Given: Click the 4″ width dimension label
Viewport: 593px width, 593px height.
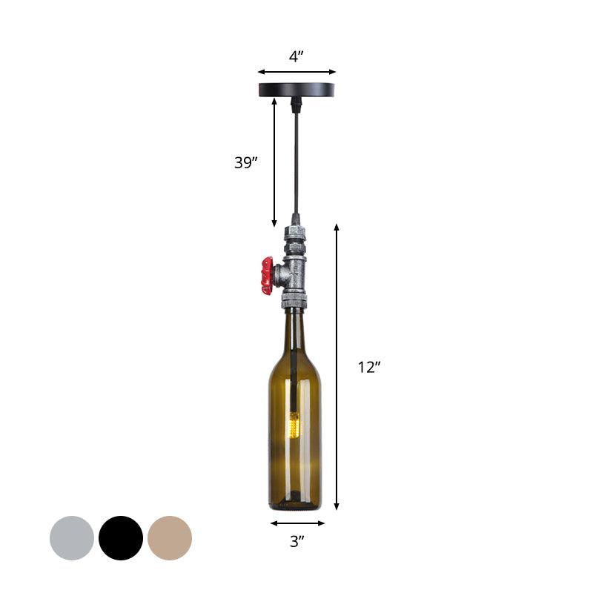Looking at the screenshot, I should click(296, 56).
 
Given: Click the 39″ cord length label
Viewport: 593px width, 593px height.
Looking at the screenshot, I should click(246, 163).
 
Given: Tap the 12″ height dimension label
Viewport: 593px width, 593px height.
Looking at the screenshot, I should click(368, 367).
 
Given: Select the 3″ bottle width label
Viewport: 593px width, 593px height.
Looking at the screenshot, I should click(296, 542).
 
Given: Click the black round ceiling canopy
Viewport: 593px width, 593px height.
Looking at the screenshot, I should click(296, 90).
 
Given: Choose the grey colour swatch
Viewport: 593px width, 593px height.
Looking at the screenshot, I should click(72, 538).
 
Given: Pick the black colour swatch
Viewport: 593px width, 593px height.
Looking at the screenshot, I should click(121, 538).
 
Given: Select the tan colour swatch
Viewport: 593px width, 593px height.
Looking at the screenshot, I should click(170, 538).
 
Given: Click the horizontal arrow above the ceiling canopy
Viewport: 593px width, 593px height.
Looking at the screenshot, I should click(296, 72).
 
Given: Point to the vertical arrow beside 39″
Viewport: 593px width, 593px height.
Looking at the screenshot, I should click(274, 163).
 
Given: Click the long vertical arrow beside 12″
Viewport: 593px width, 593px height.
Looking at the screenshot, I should click(337, 367).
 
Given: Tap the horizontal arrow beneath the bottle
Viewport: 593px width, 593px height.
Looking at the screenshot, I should click(296, 523).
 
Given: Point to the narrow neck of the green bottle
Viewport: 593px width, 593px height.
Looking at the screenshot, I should click(295, 330).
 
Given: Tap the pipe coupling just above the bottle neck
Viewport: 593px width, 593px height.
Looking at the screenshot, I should click(294, 300).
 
